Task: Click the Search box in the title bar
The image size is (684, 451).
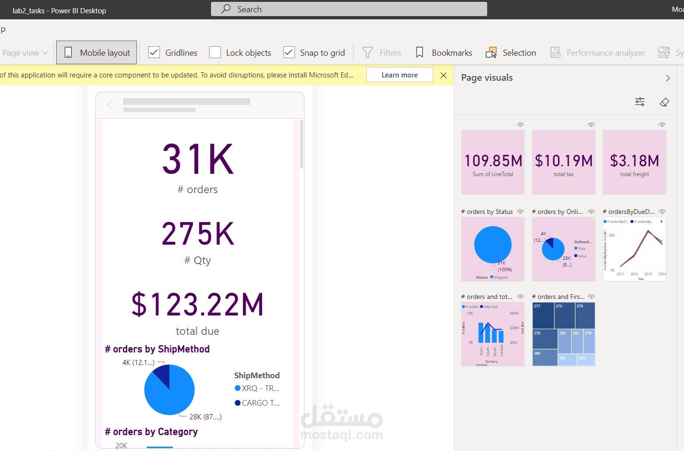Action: tap(348, 9)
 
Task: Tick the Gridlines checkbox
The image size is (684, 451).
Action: tap(154, 52)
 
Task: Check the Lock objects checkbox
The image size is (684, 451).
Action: tap(215, 52)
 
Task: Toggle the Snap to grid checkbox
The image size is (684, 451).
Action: tap(289, 52)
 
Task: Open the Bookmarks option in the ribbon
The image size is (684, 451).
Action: tap(444, 52)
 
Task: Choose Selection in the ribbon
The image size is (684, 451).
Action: tap(511, 52)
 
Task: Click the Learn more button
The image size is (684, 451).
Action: tap(399, 75)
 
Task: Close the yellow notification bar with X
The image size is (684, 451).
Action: tap(443, 75)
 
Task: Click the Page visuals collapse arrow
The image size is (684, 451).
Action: tap(667, 78)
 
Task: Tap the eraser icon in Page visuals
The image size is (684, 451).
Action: tap(664, 102)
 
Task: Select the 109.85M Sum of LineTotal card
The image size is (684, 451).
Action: tap(493, 162)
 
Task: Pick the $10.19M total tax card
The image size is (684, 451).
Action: tap(564, 162)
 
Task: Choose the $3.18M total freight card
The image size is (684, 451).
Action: tap(634, 162)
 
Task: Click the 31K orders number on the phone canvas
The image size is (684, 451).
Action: tap(198, 160)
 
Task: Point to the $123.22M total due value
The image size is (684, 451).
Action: tap(197, 305)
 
